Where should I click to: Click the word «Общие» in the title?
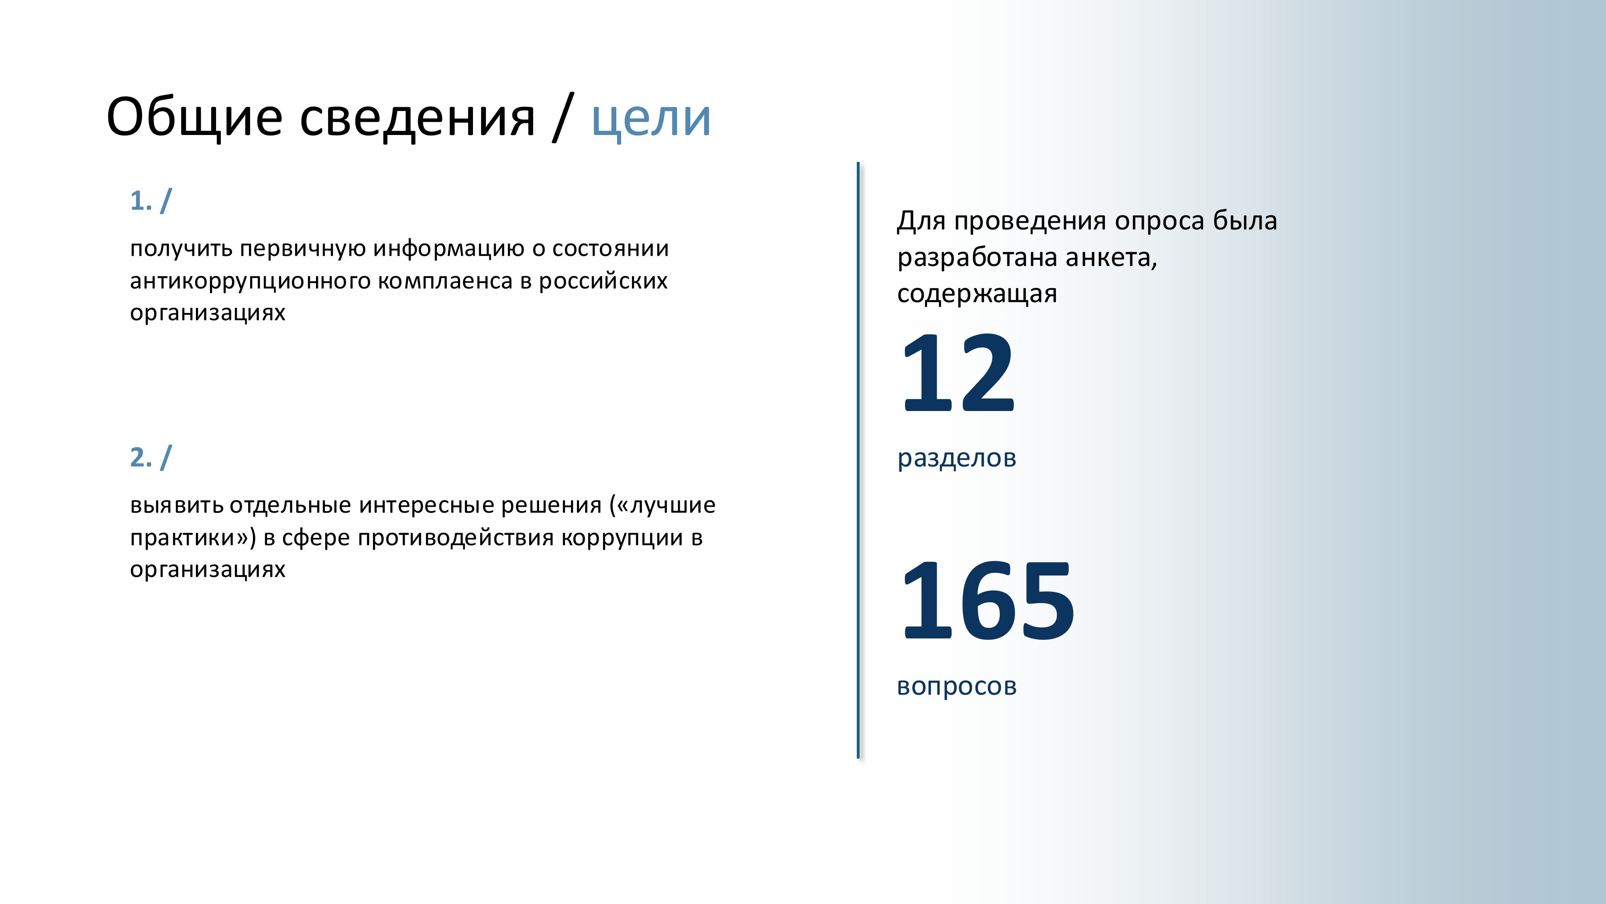pos(194,117)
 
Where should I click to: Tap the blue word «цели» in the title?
pos(651,119)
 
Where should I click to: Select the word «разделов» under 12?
pos(957,458)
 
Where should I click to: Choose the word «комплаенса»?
pos(445,281)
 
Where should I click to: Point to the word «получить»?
pos(181,249)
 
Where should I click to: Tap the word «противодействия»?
pos(456,538)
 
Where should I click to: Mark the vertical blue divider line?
pos(858,460)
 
